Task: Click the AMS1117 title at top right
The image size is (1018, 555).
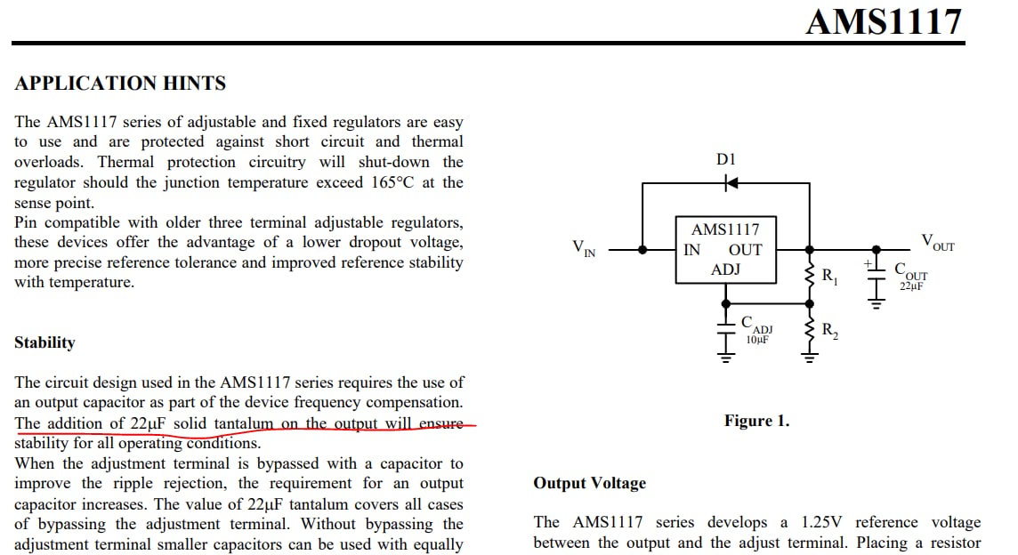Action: (884, 22)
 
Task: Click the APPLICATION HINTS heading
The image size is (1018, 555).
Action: (120, 83)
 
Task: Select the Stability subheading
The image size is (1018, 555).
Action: (44, 342)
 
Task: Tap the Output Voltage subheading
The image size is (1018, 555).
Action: (589, 483)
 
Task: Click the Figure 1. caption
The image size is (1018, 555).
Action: (757, 421)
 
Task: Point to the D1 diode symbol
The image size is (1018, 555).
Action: (731, 183)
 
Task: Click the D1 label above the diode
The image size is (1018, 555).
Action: (726, 159)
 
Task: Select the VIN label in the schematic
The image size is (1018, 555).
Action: (584, 248)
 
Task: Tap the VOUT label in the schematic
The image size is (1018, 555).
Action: (938, 243)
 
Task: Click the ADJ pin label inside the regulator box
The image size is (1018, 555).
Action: (725, 269)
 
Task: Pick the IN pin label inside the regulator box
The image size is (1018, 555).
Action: (692, 250)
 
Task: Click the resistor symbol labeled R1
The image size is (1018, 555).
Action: (810, 276)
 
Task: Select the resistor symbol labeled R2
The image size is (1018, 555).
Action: (810, 330)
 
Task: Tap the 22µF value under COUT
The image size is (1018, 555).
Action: (911, 286)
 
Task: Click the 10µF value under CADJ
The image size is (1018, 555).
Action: (757, 340)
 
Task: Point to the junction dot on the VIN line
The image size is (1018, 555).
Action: (642, 250)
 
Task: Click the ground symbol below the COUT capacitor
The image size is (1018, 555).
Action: (877, 302)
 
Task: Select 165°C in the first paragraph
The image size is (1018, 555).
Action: (392, 182)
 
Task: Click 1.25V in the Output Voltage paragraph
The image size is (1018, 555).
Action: (821, 523)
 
